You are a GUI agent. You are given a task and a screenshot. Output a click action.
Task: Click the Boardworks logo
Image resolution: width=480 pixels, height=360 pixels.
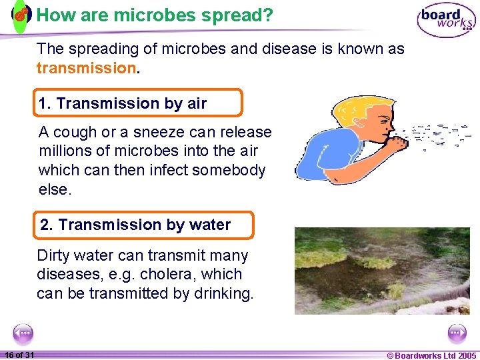pos(446,20)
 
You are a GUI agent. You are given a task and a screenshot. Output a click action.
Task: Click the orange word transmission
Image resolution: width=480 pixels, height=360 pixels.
pos(86,68)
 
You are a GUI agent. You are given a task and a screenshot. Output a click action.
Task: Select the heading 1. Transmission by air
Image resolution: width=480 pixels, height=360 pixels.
pos(123,103)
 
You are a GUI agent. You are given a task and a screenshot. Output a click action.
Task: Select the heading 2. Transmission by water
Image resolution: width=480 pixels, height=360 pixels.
pos(135,225)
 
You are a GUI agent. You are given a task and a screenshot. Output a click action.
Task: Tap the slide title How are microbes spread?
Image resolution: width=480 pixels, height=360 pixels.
pos(155,15)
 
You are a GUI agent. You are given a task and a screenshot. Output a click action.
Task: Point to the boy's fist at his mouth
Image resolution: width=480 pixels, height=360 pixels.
pos(399,142)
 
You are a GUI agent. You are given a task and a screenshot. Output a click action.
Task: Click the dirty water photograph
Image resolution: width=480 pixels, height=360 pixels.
pos(382,270)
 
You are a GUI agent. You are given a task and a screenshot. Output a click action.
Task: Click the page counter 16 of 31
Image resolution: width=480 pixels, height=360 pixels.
pos(19,355)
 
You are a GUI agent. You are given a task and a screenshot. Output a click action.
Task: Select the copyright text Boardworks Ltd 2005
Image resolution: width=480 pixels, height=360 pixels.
pos(431,355)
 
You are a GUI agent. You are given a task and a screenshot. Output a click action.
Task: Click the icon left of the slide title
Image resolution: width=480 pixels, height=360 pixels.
pos(21,15)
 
